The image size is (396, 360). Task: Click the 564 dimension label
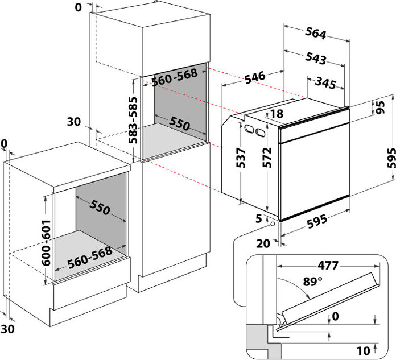tap(315, 34)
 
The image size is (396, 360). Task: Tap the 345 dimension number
tap(324, 83)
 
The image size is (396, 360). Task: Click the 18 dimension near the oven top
tap(277, 114)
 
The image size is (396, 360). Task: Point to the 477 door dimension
tap(325, 265)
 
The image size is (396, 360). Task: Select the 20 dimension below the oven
tap(262, 244)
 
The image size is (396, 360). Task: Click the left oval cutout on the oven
tap(248, 129)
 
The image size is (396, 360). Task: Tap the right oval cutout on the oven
tap(261, 133)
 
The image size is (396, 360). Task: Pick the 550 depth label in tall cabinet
tap(172, 123)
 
